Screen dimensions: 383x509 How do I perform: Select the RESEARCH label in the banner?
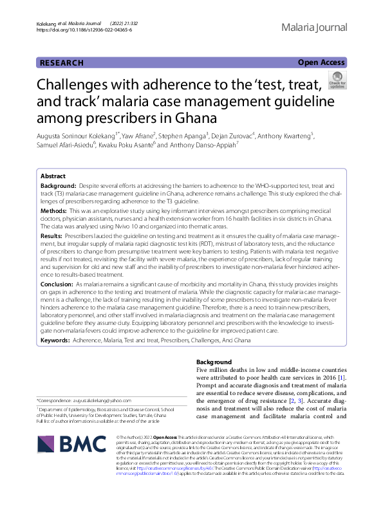(x=62, y=62)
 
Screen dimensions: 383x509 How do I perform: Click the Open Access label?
(x=321, y=62)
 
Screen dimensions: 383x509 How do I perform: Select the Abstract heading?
(x=53, y=176)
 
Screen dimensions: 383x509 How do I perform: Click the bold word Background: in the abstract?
(x=59, y=184)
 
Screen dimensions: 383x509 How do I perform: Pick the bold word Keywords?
(x=55, y=339)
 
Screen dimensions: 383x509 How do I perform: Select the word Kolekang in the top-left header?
(x=48, y=23)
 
